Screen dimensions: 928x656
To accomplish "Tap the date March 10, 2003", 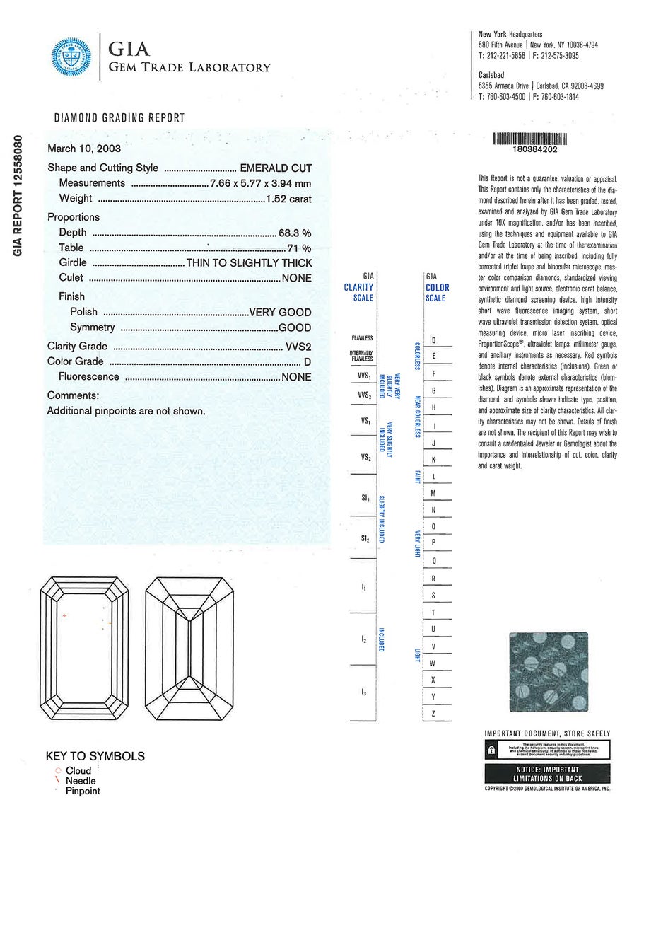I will pyautogui.click(x=84, y=149).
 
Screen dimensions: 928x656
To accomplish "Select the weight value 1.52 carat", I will pyautogui.click(x=288, y=199).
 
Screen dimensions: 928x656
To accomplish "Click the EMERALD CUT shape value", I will pyautogui.click(x=276, y=168).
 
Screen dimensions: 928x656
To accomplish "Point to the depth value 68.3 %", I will pyautogui.click(x=295, y=233).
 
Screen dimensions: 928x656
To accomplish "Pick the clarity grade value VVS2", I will pyautogui.click(x=297, y=347).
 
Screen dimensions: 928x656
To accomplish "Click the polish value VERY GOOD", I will pyautogui.click(x=280, y=313).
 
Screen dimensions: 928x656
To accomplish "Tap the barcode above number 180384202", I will pyautogui.click(x=529, y=139).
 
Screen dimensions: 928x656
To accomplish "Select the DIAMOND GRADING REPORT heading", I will pyautogui.click(x=119, y=118).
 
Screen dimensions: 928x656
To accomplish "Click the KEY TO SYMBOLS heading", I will pyautogui.click(x=95, y=756).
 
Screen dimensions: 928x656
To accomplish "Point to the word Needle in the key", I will pyautogui.click(x=81, y=781).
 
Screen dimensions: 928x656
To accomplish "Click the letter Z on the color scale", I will pyautogui.click(x=433, y=714).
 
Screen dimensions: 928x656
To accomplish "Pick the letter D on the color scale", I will pyautogui.click(x=433, y=341).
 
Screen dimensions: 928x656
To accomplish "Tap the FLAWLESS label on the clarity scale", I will pyautogui.click(x=362, y=338).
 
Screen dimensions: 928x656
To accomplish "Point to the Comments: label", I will pyautogui.click(x=73, y=395).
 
